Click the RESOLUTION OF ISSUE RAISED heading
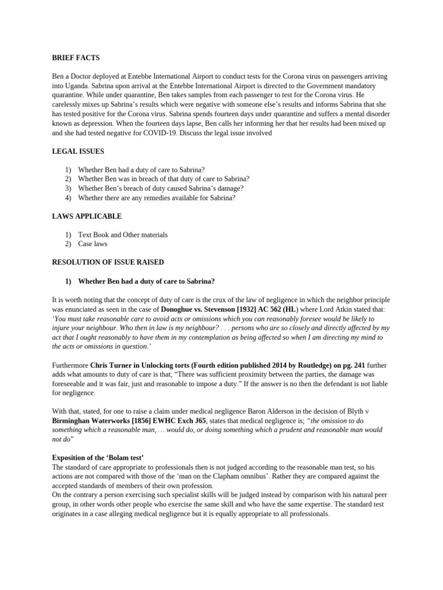108,262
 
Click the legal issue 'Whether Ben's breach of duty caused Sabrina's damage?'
161,188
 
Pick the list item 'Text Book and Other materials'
123,235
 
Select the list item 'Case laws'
93,244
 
